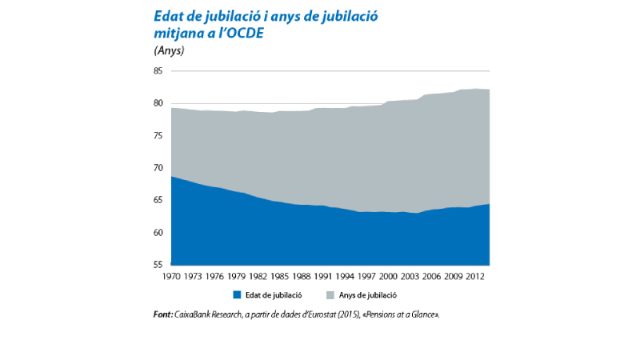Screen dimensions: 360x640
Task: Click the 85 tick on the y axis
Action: tap(158, 71)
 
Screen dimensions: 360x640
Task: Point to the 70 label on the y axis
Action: tap(158, 168)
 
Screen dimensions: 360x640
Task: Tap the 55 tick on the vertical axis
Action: tap(158, 265)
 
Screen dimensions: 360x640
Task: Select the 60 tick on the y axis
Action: tap(158, 233)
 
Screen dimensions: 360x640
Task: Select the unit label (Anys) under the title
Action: tap(169, 50)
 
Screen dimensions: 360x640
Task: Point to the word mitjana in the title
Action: tap(179, 34)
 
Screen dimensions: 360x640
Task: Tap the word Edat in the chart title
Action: tap(169, 16)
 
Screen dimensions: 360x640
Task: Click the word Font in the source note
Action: tap(162, 314)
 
